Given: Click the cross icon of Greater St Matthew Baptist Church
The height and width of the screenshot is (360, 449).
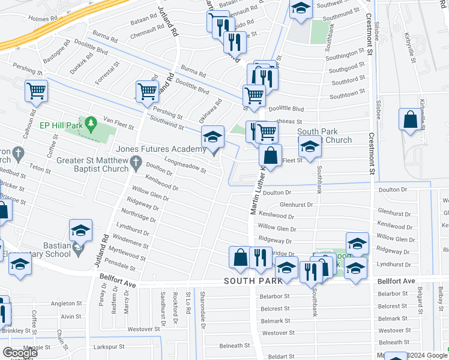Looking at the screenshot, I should tap(136, 161).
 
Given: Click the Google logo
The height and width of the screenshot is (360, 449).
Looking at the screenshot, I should tap(20, 352).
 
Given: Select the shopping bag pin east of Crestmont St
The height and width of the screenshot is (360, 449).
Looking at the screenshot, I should tap(411, 120).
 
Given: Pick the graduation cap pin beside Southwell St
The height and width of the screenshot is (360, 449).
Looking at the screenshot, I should tap(300, 10).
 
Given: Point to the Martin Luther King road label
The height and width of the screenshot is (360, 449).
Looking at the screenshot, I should tap(258, 192).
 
